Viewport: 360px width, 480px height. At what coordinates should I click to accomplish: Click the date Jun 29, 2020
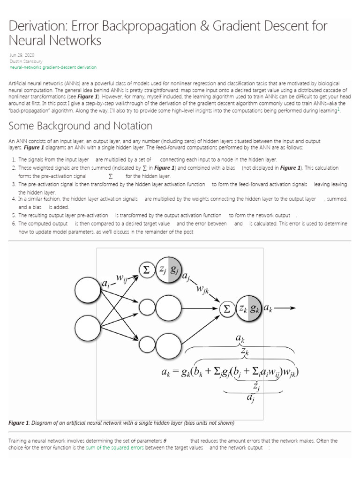(x=19, y=55)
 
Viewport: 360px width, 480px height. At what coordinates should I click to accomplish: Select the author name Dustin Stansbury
(x=25, y=61)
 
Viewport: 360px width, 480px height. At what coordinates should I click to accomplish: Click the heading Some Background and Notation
(x=81, y=126)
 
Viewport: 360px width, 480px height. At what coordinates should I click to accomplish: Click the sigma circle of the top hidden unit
(x=147, y=270)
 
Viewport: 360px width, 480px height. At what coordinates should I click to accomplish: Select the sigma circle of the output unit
(x=227, y=308)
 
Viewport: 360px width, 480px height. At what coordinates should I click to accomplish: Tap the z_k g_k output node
(x=249, y=308)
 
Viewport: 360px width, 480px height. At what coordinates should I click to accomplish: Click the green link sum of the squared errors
(x=115, y=448)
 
